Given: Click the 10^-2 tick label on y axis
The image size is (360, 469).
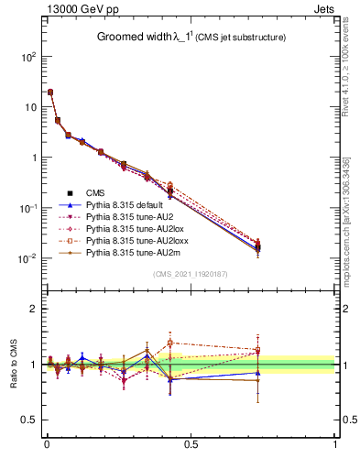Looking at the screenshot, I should pyautogui.click(x=25, y=258).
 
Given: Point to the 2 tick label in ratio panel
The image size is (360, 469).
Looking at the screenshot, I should pyautogui.click(x=34, y=309).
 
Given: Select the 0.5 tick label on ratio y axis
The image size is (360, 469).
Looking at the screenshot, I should pyautogui.click(x=29, y=420).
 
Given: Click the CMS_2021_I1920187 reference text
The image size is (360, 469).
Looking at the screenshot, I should pyautogui.click(x=190, y=274).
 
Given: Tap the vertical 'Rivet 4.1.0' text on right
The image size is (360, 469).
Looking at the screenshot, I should pyautogui.click(x=349, y=64).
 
